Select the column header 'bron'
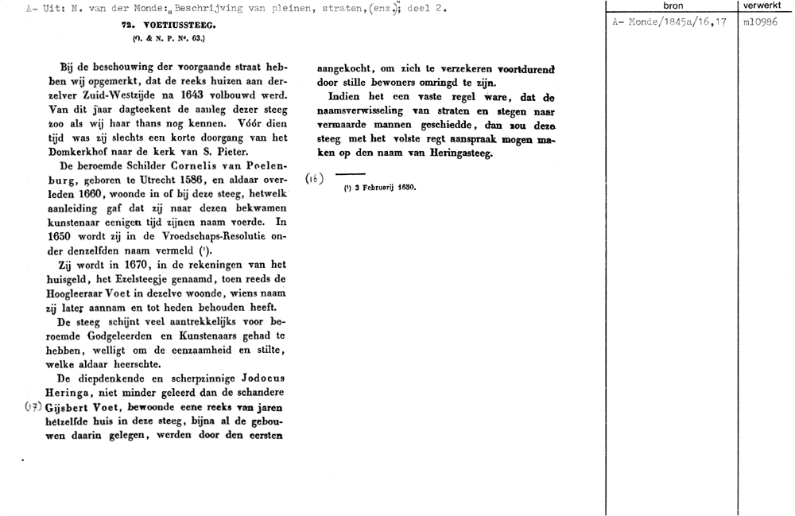[x=672, y=6]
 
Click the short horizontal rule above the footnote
[x=350, y=174]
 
